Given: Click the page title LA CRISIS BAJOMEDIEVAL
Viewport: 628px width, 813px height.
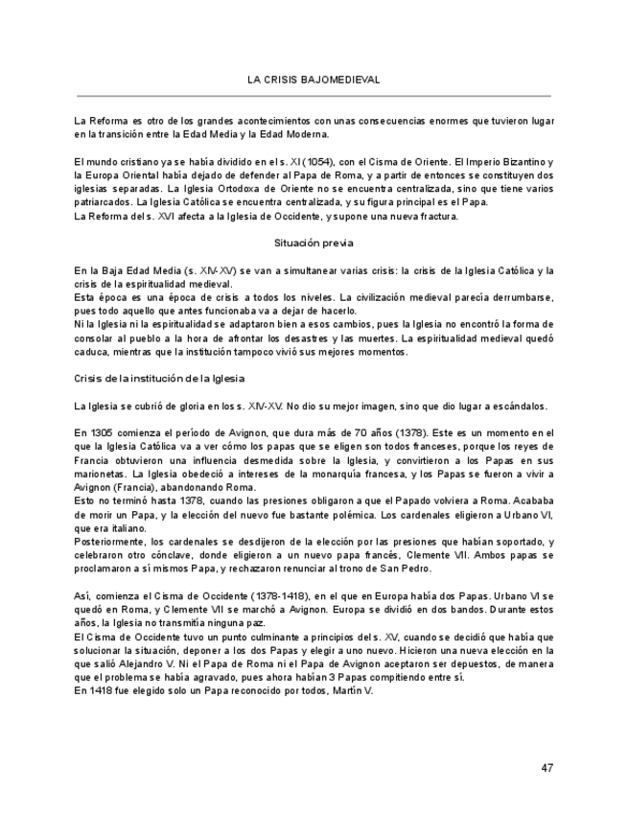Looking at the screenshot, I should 314,80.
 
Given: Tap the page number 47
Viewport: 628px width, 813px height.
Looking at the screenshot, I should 547,768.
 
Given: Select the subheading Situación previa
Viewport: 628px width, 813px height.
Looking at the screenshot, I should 314,243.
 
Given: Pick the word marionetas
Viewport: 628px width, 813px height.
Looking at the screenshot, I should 102,474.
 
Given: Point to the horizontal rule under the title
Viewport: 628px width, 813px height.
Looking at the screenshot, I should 314,96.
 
